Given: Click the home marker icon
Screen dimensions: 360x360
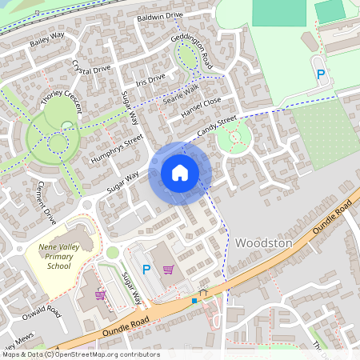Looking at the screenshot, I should [180, 173].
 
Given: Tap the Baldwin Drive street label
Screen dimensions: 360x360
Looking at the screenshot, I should [160, 15].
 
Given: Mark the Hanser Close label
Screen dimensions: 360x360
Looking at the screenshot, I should [201, 107].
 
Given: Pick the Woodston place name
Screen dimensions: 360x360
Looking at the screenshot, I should [264, 242].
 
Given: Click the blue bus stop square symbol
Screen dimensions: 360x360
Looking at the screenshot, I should [194, 301].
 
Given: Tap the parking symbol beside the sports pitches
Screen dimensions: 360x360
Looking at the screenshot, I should [322, 74].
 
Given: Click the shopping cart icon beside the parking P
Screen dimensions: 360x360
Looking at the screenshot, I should [168, 270].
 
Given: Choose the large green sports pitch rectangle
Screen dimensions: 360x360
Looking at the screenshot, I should [279, 12].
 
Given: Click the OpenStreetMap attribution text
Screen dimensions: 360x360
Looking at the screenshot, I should [80, 354].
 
